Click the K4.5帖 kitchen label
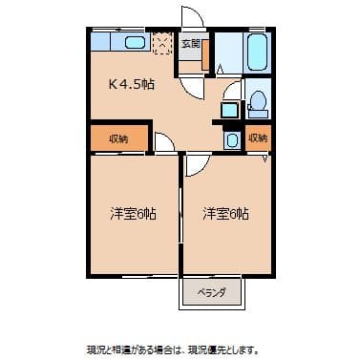(x=132, y=84)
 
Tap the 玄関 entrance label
(x=190, y=44)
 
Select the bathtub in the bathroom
(x=256, y=53)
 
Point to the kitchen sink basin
(x=134, y=43)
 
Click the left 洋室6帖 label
(x=133, y=213)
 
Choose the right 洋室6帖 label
(x=225, y=213)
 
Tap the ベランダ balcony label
(x=211, y=292)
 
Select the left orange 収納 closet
(x=118, y=138)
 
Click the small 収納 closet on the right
(x=258, y=138)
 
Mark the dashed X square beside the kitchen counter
(x=164, y=44)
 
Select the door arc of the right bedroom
(x=195, y=163)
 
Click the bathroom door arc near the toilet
(x=232, y=93)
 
